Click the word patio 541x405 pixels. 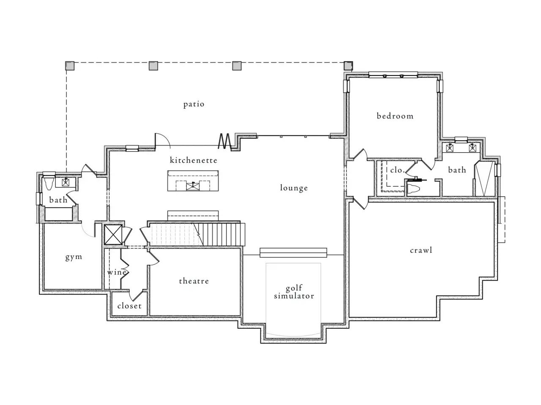click(x=194, y=104)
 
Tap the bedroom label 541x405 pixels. click(x=395, y=116)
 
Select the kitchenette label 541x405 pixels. click(x=194, y=160)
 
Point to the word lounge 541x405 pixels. click(x=294, y=188)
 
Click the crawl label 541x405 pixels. click(x=421, y=250)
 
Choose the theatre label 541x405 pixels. click(x=194, y=281)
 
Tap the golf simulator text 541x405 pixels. click(x=294, y=292)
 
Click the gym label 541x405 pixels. click(x=74, y=257)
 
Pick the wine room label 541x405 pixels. click(x=117, y=272)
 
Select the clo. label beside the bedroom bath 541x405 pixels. click(x=397, y=170)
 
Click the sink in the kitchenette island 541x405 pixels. click(x=193, y=186)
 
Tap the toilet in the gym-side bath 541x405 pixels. click(x=49, y=183)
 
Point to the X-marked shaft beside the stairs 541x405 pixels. click(x=113, y=235)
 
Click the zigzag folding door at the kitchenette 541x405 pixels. click(x=225, y=141)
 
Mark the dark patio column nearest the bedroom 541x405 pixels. click(x=348, y=66)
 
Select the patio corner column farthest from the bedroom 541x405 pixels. click(x=70, y=66)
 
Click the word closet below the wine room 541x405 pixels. click(x=129, y=306)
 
